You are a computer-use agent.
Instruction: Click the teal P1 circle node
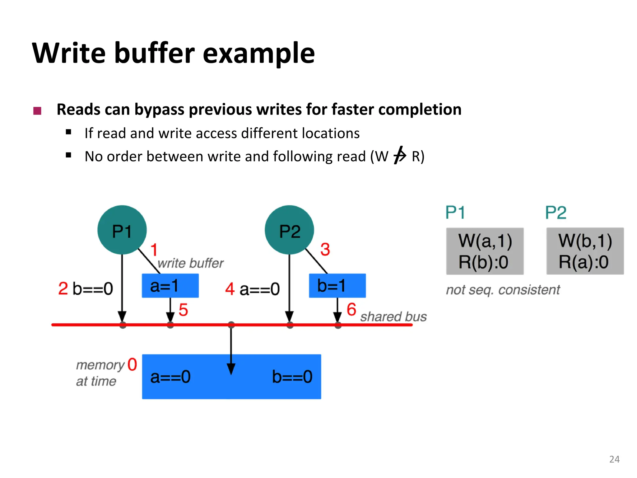click(x=122, y=230)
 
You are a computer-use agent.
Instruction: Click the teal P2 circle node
click(x=289, y=230)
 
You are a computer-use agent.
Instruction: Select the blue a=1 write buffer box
click(x=170, y=286)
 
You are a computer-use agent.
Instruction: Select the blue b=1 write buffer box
click(x=337, y=286)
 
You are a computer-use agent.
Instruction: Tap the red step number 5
click(x=183, y=310)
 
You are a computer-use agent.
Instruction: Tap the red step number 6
click(x=351, y=309)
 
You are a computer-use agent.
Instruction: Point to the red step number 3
click(x=325, y=249)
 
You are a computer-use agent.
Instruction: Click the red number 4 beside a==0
click(x=230, y=289)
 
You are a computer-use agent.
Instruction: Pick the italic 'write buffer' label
click(x=190, y=263)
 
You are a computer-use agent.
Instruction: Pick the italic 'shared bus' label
click(x=393, y=317)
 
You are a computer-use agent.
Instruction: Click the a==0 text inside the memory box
click(x=170, y=377)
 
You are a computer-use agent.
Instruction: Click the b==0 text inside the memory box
click(x=292, y=377)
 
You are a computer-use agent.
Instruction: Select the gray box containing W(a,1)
click(x=485, y=251)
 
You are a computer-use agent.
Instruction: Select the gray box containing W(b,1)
click(x=585, y=251)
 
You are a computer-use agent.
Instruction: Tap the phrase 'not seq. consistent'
click(x=503, y=290)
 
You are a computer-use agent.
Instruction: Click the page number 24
click(x=614, y=459)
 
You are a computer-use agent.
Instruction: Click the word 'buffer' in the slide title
click(x=154, y=53)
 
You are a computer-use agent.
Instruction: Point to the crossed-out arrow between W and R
click(x=400, y=155)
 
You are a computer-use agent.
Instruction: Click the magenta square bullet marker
click(x=37, y=111)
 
